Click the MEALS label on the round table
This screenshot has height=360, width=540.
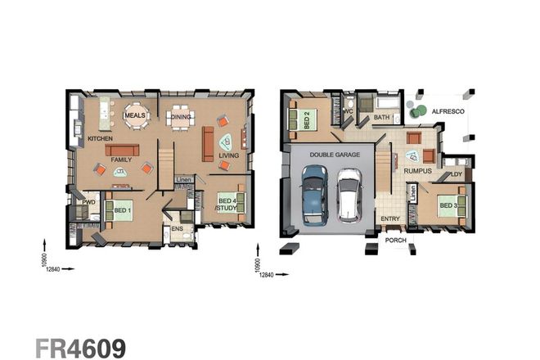tap(135, 116)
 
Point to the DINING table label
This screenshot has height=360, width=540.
tap(182, 118)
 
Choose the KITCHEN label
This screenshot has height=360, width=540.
tap(100, 139)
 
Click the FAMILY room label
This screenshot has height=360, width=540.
tap(122, 160)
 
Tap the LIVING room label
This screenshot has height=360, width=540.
tap(228, 154)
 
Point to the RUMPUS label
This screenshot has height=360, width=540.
tap(417, 169)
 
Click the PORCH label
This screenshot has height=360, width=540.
tap(396, 241)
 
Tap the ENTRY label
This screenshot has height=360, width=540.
tap(389, 218)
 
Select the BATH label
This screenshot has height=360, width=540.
tap(382, 118)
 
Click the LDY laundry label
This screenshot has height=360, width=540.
tap(456, 174)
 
